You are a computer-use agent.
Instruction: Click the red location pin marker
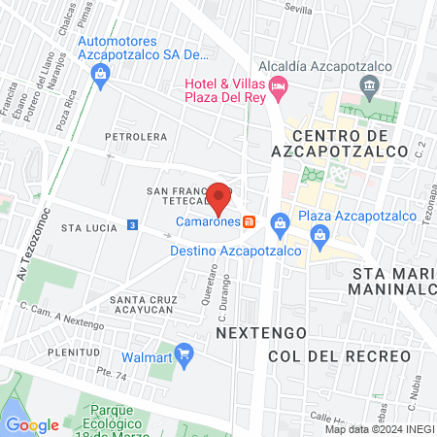(220, 197)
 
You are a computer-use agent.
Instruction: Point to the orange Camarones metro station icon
(250, 221)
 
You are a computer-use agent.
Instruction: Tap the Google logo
(32, 424)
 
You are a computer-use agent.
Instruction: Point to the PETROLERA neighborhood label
(137, 137)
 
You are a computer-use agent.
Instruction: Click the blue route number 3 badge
(132, 225)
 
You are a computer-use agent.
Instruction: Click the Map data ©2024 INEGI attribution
(379, 429)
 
